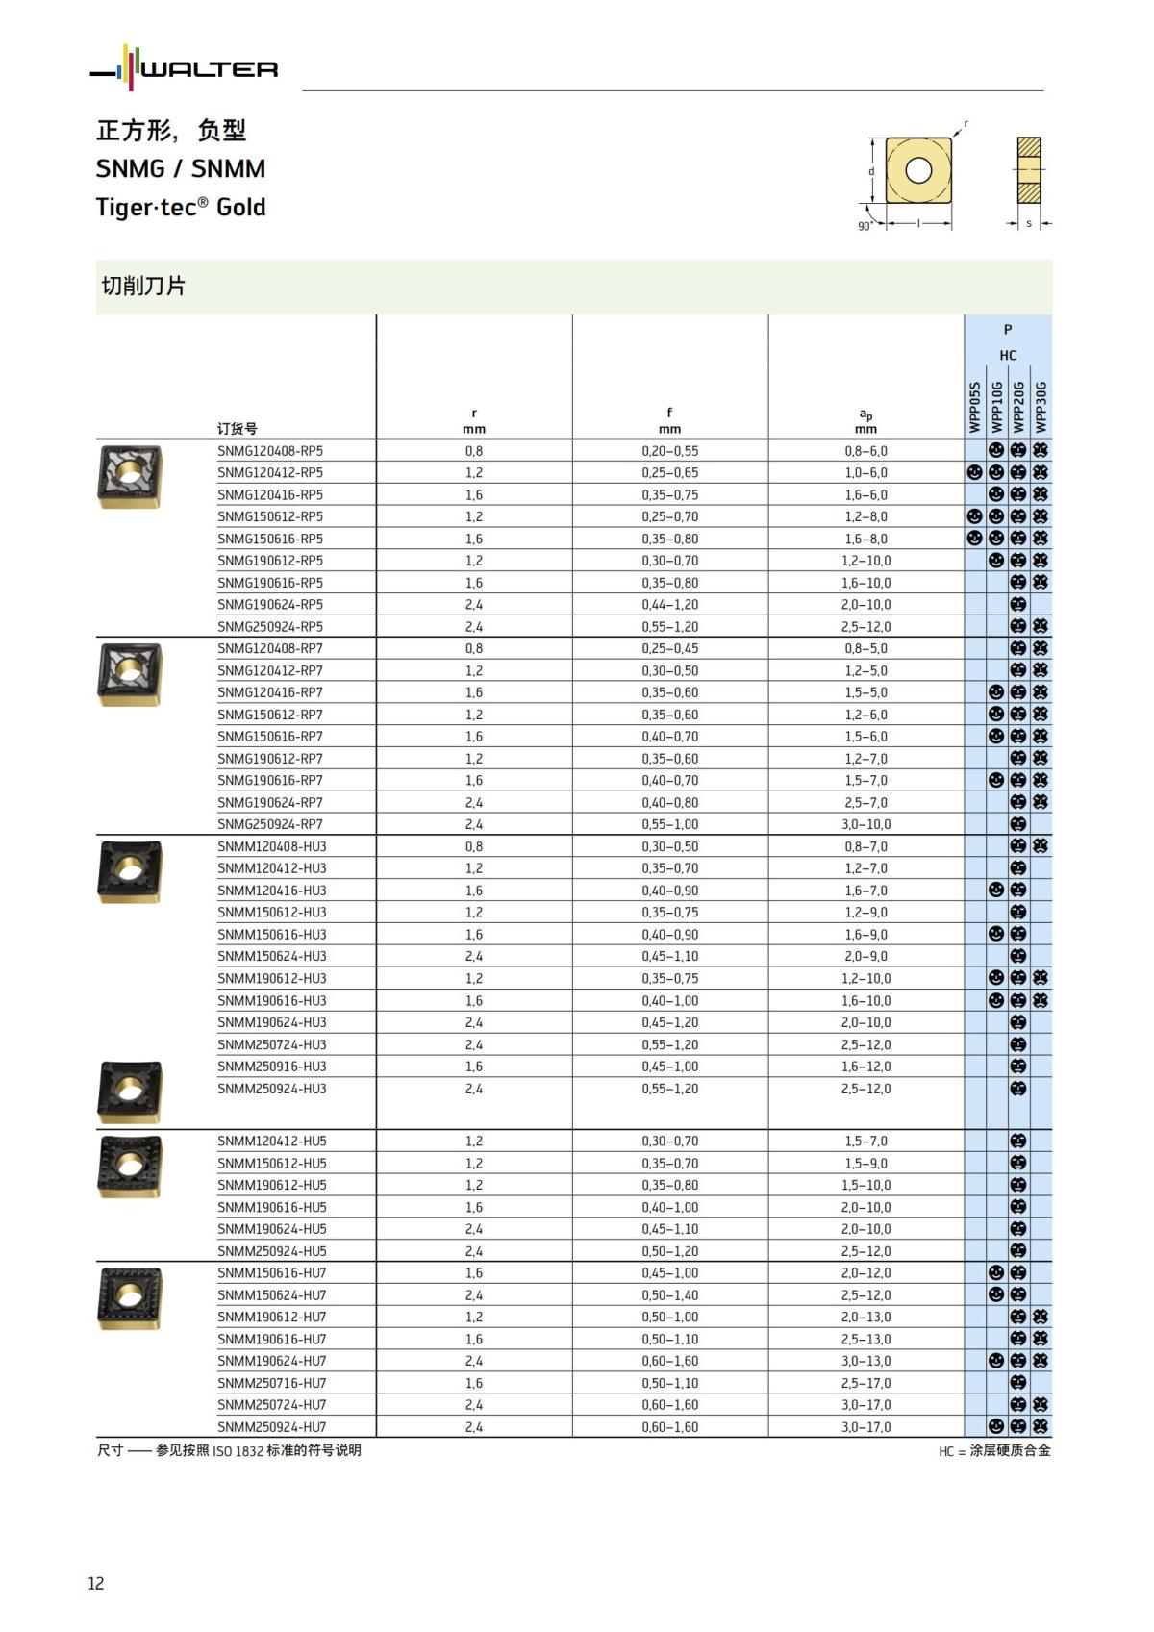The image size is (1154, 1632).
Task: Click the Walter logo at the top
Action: tap(184, 68)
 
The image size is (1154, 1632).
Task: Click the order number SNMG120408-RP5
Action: tap(270, 451)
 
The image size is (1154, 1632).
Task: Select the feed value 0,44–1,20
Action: tap(669, 605)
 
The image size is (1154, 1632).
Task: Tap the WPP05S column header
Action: tap(975, 407)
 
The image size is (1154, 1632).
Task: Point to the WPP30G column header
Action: tap(1041, 407)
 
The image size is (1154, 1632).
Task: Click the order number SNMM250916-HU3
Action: tap(271, 1067)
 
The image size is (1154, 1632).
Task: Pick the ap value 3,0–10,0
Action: tap(865, 824)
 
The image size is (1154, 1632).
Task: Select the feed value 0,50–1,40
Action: tap(669, 1295)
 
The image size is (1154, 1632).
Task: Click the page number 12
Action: tap(96, 1584)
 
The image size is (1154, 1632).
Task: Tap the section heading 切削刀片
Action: tap(143, 287)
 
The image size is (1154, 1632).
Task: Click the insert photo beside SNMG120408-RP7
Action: tap(130, 673)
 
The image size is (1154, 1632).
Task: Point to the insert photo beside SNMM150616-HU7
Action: tap(130, 1299)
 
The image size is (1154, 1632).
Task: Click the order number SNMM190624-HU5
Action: tap(271, 1229)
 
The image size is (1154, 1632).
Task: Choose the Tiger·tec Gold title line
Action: tap(181, 208)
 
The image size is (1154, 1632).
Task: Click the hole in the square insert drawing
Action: tap(918, 170)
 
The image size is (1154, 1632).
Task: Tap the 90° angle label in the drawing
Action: tap(865, 226)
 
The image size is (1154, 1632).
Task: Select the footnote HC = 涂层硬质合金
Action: tap(994, 1450)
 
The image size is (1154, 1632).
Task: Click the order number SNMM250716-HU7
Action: tap(271, 1383)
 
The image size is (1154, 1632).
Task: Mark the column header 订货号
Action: tap(237, 429)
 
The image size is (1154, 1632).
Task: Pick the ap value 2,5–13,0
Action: tap(865, 1339)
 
